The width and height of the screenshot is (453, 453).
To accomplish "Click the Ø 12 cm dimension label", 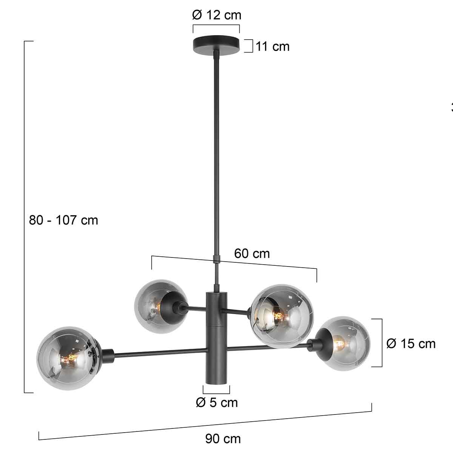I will coord(216,15).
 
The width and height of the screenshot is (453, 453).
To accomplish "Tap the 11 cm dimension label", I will coord(272,46).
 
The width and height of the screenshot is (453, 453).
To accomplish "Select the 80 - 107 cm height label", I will coord(63,220).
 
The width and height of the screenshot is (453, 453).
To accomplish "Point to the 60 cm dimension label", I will coord(252,254).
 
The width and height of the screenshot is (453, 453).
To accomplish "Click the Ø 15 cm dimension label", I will coord(411,344).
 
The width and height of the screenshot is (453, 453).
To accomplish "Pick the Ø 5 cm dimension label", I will coord(217,402).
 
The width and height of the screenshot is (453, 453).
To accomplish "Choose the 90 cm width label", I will coord(223,439).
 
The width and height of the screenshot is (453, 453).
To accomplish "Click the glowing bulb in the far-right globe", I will coord(339,344).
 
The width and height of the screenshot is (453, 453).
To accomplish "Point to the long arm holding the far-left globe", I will coord(159,352).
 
